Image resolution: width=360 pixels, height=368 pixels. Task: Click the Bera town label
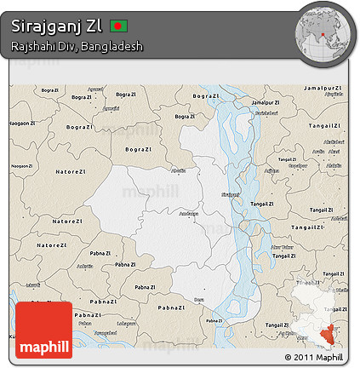click(199, 299)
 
